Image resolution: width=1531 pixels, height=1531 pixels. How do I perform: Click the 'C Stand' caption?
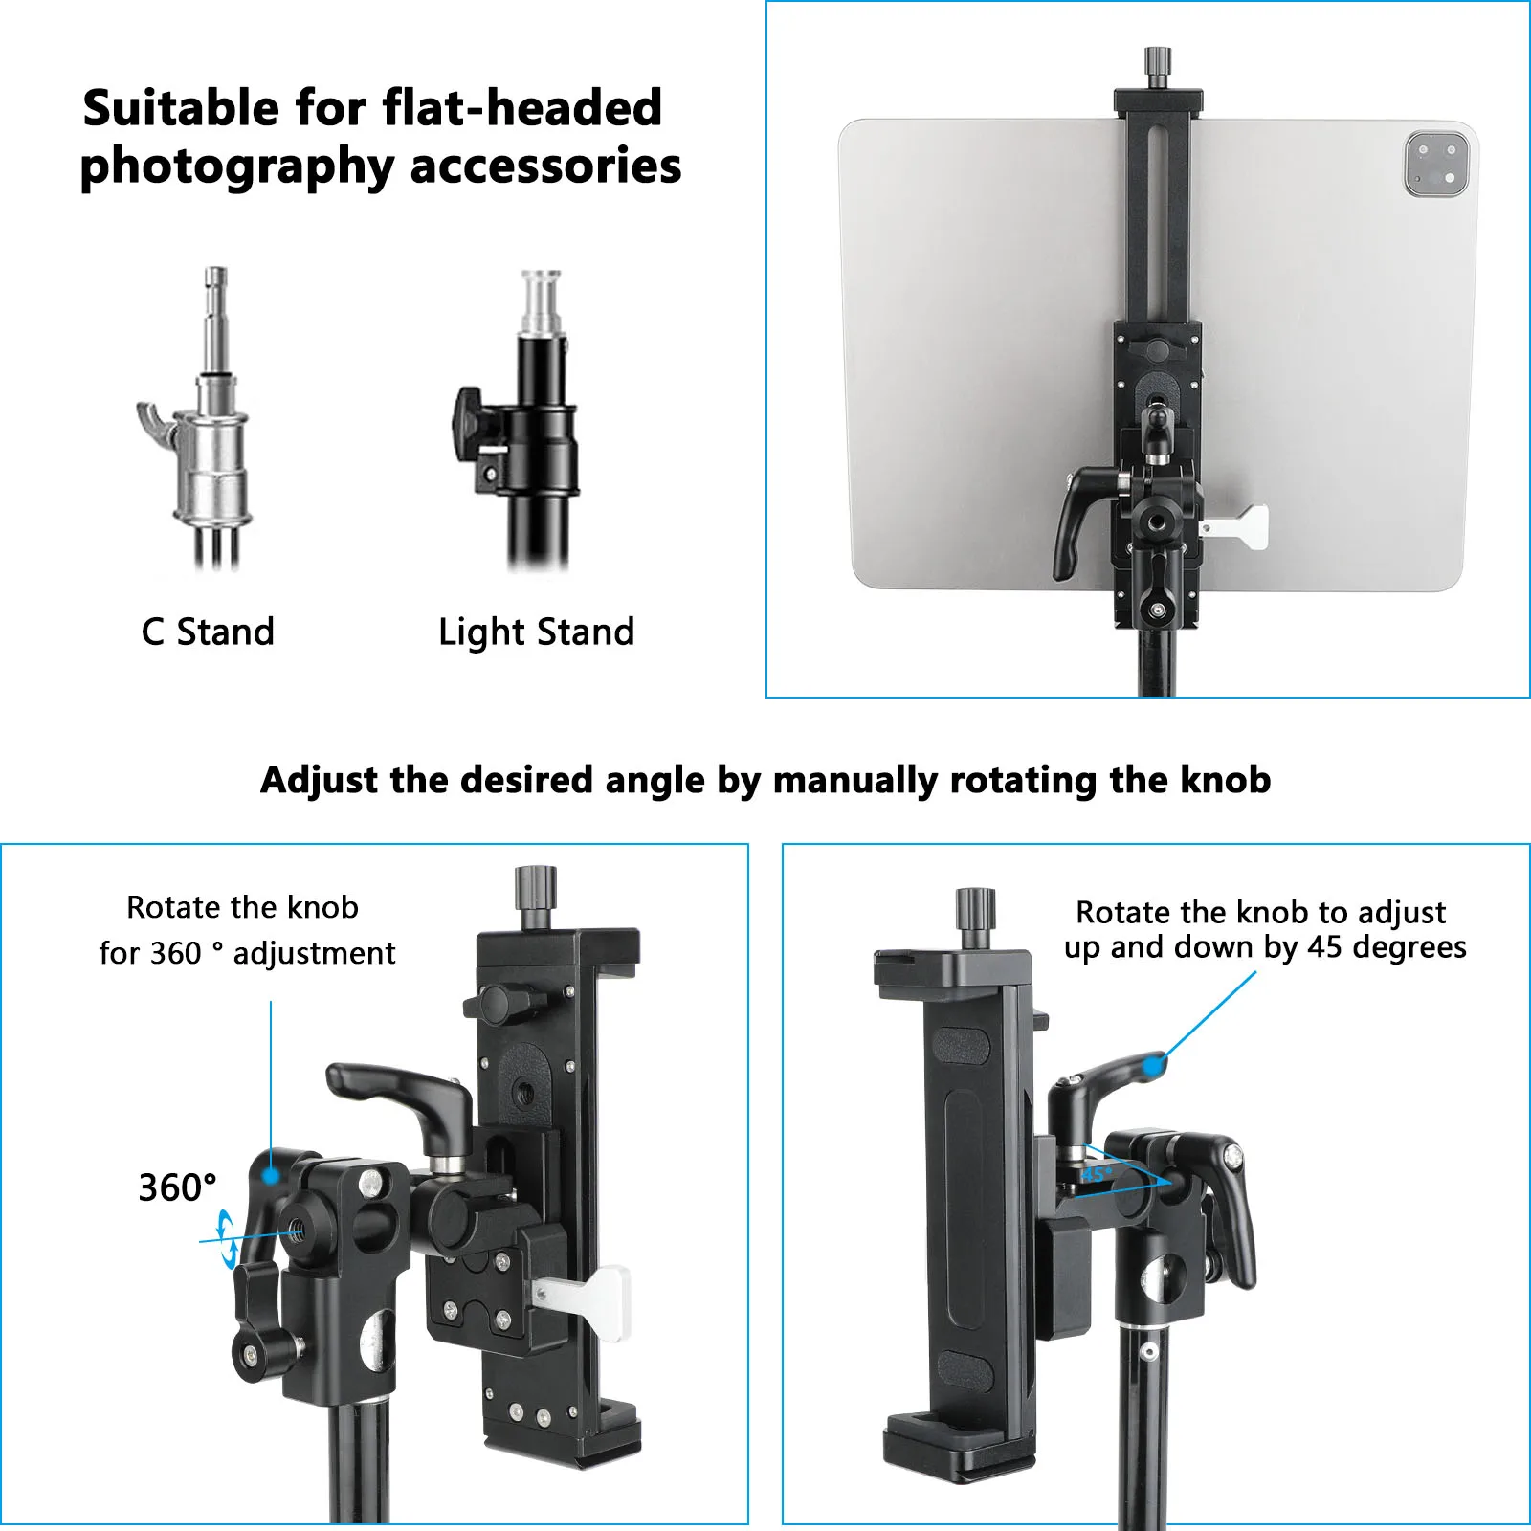tap(208, 632)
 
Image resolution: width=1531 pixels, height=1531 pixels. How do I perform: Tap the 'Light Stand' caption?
tap(536, 632)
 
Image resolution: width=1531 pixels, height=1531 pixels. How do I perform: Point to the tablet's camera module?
tap(1436, 165)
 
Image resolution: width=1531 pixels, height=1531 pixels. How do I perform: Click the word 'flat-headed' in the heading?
tap(521, 107)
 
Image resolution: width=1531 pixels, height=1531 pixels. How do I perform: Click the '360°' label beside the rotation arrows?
tap(177, 1187)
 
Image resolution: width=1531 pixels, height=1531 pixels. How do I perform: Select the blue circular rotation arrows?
tap(227, 1239)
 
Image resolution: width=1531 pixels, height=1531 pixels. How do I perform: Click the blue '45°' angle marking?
tap(1097, 1173)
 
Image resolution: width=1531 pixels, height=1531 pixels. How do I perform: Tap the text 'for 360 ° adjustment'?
tap(247, 953)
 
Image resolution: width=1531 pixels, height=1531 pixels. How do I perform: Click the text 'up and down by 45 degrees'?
tap(1264, 947)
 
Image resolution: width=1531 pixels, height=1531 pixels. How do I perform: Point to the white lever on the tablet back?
tap(1239, 526)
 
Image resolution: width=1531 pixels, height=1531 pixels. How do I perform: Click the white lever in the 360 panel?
tap(588, 1296)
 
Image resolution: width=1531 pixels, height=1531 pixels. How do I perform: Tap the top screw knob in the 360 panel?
tap(536, 890)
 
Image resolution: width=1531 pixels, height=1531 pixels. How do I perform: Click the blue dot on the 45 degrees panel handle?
tap(1156, 1064)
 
